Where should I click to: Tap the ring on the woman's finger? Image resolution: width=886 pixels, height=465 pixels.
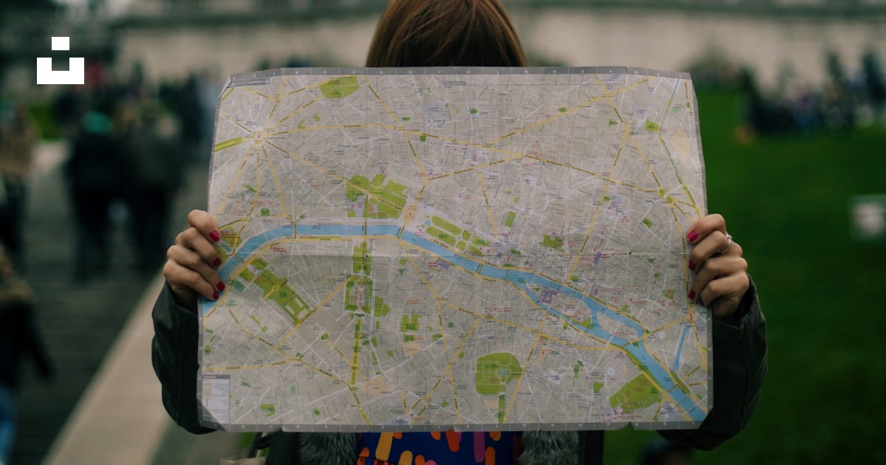point(727,240)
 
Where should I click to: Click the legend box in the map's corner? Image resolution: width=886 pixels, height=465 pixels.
point(216,399)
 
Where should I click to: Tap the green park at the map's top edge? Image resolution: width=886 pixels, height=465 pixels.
point(339,87)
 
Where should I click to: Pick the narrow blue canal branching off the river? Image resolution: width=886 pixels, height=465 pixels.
point(681,347)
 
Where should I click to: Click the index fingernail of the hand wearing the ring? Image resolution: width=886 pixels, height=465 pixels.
point(693,236)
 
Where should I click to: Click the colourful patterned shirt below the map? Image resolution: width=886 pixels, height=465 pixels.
point(436,448)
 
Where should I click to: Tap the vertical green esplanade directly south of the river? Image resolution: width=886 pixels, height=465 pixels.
point(360,284)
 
